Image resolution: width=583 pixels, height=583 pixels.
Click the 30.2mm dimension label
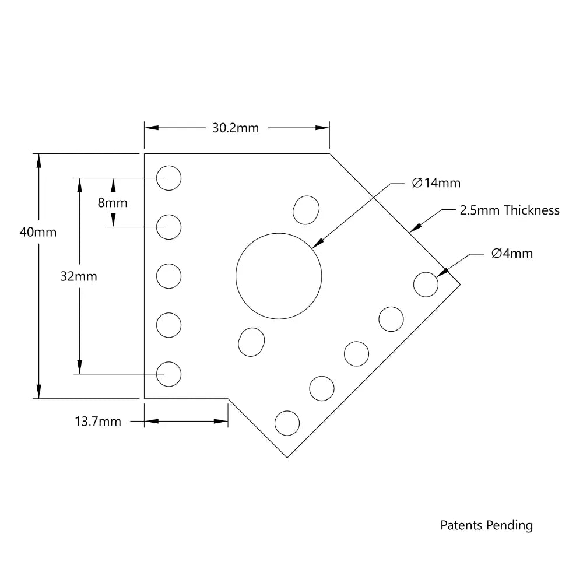coord(235,128)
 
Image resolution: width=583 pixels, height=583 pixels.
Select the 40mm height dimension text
coord(38,232)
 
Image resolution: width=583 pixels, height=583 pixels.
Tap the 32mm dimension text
coord(79,277)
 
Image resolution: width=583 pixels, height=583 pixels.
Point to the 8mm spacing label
coord(113,203)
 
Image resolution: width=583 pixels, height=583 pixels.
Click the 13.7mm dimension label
coord(98,421)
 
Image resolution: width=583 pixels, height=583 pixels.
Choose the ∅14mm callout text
coord(436,183)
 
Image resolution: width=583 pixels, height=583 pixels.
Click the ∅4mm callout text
coord(511,254)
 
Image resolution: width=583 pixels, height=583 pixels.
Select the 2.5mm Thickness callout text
coord(510,210)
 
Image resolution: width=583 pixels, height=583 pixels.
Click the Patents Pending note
coord(486,525)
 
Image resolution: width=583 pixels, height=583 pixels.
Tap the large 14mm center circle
coord(279,276)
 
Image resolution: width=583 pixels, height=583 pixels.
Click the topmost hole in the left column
coord(169,177)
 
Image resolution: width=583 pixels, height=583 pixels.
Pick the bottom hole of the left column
coord(169,374)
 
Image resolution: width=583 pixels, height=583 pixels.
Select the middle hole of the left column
coord(169,276)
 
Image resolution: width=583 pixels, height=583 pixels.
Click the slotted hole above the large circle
coord(306,210)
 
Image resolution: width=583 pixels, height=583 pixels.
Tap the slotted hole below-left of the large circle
coord(251,342)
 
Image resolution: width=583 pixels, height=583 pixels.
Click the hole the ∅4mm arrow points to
coord(426,285)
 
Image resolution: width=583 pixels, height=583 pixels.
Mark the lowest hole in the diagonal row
coord(287,423)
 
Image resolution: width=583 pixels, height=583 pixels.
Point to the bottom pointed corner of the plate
coord(287,458)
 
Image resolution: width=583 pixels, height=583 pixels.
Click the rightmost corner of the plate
coord(461,285)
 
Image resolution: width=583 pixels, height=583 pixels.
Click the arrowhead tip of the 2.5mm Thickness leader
coord(412,231)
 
